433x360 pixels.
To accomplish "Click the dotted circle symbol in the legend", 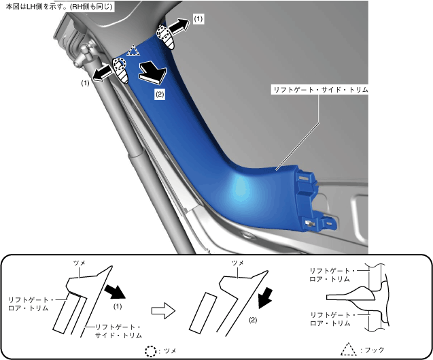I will pyautogui.click(x=151, y=350).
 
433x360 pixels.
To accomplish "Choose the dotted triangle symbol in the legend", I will pyautogui.click(x=348, y=349).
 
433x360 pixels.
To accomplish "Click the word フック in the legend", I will pyautogui.click(x=374, y=350).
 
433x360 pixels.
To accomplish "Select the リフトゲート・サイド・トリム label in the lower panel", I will pyautogui.click(x=118, y=331).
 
